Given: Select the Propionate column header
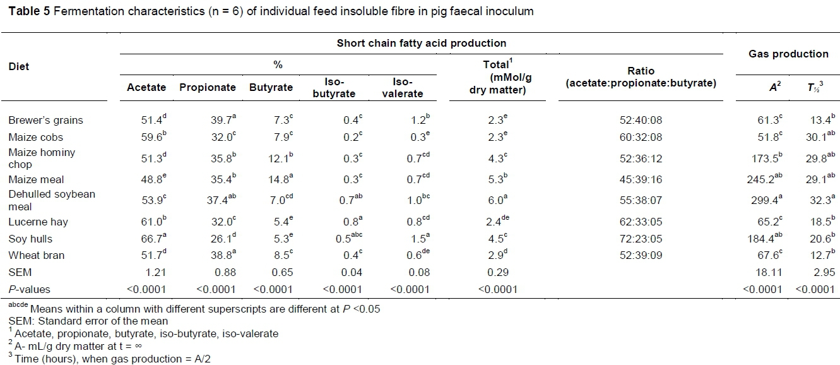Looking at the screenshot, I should (208, 87).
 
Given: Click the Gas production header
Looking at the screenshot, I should (788, 54).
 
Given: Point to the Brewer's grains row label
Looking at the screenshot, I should (45, 120).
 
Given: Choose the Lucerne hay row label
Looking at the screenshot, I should (38, 222).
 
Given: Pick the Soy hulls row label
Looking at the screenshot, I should (30, 239).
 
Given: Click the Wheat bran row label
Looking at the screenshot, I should (36, 255).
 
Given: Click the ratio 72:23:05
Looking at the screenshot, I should (637, 239).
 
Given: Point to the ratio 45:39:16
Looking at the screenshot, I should (637, 188).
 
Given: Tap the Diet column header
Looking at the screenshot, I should (19, 66).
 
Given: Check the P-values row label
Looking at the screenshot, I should (29, 289).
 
